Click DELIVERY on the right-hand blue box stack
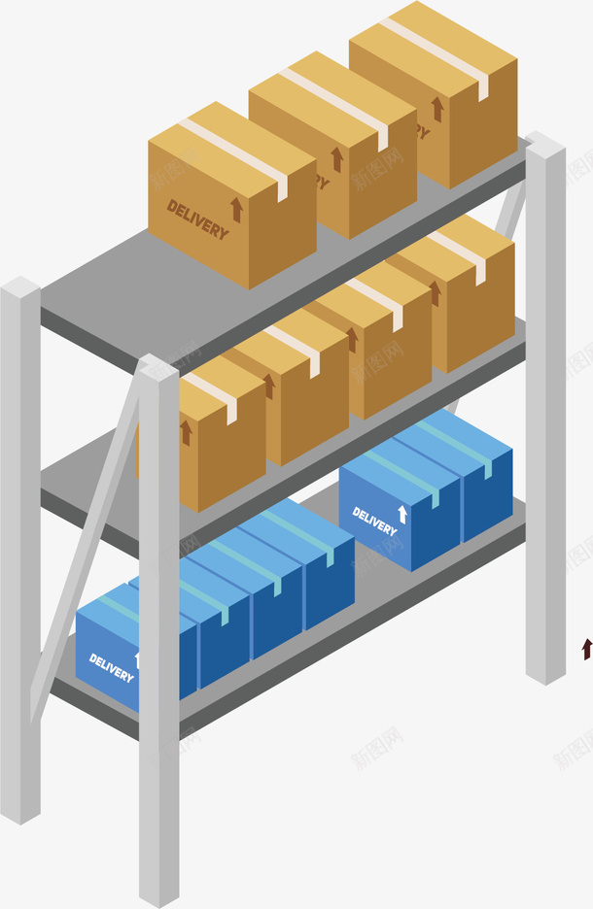(x=374, y=522)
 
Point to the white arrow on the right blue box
(x=402, y=514)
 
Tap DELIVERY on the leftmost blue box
(x=111, y=667)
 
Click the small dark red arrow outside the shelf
(x=586, y=649)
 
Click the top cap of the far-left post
(x=20, y=287)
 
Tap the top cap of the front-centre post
(x=157, y=367)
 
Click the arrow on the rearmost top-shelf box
(x=437, y=109)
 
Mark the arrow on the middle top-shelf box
(x=337, y=159)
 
